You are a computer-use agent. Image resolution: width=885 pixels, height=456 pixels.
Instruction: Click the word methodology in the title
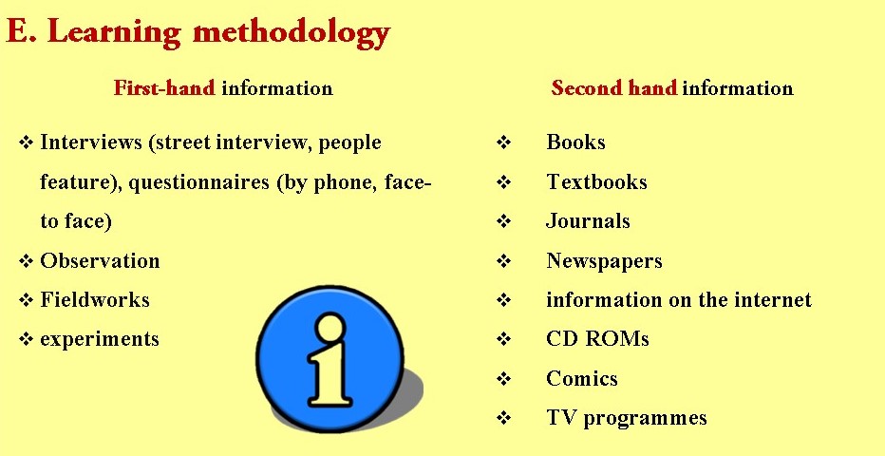point(291,33)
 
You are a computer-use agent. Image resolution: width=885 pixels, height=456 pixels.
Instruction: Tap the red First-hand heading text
point(164,88)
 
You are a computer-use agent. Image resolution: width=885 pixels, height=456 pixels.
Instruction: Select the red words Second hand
point(613,88)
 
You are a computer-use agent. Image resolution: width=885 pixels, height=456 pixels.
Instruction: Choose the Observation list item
point(100,260)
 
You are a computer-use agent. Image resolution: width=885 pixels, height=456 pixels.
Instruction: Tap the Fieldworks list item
point(95,299)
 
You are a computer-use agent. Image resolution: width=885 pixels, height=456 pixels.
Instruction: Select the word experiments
point(99,339)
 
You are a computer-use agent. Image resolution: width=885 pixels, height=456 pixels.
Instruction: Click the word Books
point(575,142)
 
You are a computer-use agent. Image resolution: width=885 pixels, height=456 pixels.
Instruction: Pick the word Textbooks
point(596,181)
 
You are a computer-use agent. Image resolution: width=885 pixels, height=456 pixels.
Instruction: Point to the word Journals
point(588,221)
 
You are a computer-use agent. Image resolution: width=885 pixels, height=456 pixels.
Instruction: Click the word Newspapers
point(604,260)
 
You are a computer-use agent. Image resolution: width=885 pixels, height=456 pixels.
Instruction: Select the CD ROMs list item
point(597,339)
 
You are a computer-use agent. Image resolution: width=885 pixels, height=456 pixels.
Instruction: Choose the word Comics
point(581,378)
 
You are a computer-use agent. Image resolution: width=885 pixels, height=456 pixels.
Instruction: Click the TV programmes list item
point(626,418)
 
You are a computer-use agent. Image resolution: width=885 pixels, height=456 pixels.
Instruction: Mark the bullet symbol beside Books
point(504,143)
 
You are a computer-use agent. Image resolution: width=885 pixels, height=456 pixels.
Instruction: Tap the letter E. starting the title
point(20,33)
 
